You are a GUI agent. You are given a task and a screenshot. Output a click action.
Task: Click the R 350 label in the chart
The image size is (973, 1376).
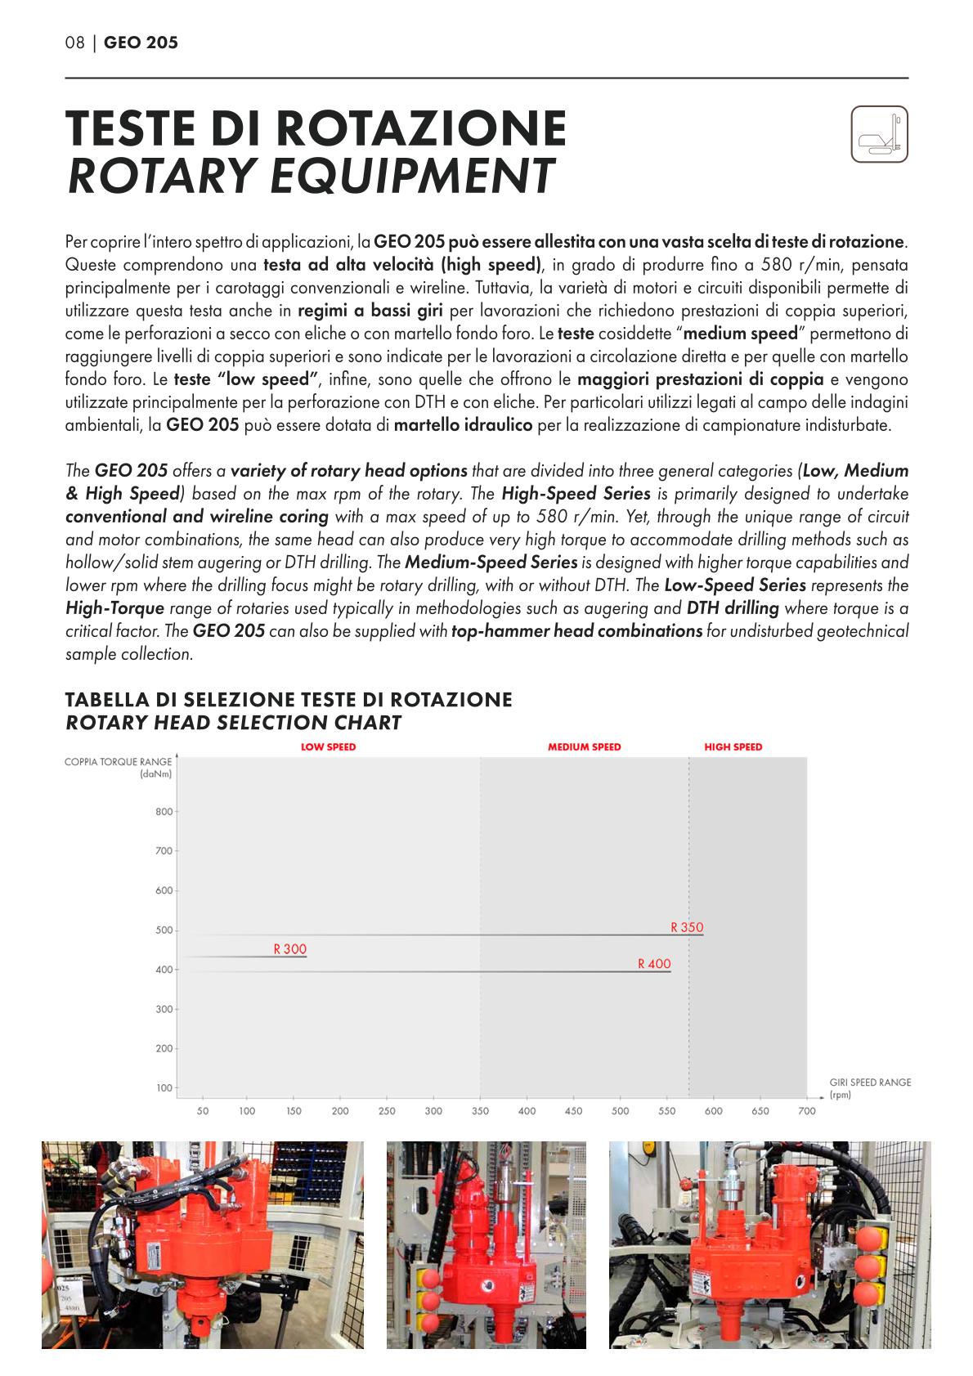[x=687, y=927]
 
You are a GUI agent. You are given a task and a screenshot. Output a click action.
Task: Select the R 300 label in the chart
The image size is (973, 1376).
[x=290, y=949]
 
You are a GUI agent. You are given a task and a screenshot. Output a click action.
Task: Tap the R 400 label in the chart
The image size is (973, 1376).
[x=654, y=964]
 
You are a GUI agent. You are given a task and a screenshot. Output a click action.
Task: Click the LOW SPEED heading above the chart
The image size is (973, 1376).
[x=329, y=746]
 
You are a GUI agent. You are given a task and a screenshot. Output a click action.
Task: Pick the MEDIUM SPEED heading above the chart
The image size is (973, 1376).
[x=584, y=746]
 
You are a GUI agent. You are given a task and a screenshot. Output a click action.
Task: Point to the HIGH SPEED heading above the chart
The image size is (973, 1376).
[x=733, y=746]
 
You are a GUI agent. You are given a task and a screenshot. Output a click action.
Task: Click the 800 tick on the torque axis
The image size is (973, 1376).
[x=164, y=812]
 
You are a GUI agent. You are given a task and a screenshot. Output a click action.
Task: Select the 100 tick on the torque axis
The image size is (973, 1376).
[x=164, y=1088]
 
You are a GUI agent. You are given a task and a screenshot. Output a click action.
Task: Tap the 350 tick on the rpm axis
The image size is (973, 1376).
[x=480, y=1110]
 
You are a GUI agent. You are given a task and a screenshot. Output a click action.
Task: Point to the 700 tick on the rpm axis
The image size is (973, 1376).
[x=807, y=1110]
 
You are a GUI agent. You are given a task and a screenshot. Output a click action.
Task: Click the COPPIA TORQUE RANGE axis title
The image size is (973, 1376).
[x=119, y=762]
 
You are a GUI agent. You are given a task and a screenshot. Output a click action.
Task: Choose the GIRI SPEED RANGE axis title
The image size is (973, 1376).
[x=870, y=1082]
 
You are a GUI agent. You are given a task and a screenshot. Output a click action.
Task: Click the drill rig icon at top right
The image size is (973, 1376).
[x=879, y=134]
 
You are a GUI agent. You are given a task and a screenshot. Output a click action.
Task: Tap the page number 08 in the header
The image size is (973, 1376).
[x=74, y=43]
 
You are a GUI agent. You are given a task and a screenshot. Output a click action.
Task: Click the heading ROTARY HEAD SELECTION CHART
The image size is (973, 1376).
[x=233, y=723]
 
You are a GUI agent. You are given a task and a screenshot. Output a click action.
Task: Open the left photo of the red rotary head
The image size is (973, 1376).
[x=202, y=1244]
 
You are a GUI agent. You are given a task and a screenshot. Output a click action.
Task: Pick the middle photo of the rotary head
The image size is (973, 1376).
[x=486, y=1244]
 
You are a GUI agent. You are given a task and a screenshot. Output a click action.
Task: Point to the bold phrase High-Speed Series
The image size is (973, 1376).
[x=576, y=494]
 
